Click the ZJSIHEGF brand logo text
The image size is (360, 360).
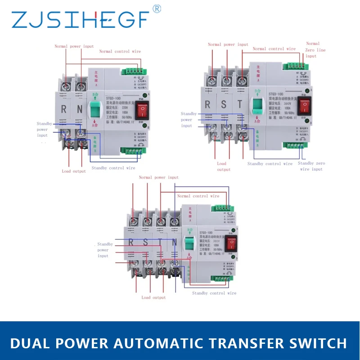point(80,19)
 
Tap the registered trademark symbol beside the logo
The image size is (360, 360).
point(157,9)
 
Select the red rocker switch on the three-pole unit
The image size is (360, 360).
point(306,106)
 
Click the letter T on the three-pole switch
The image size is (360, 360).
point(239,104)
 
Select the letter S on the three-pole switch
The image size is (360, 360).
point(224,104)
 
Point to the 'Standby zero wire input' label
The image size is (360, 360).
point(311,166)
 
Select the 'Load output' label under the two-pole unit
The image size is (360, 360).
point(74,171)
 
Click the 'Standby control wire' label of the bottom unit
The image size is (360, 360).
point(214,293)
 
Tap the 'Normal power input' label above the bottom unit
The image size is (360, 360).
point(158,178)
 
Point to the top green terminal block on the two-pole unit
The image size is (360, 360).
point(131,70)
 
